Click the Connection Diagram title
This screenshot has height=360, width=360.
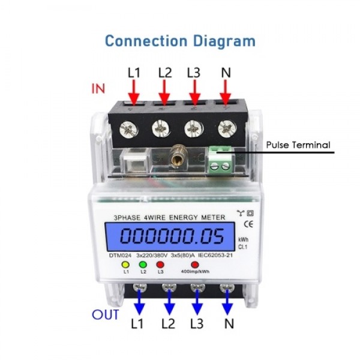pos(180,41)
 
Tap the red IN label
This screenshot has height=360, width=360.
pos(98,88)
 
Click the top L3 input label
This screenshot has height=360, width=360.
pos(193,72)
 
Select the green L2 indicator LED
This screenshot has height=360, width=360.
pos(143,264)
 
